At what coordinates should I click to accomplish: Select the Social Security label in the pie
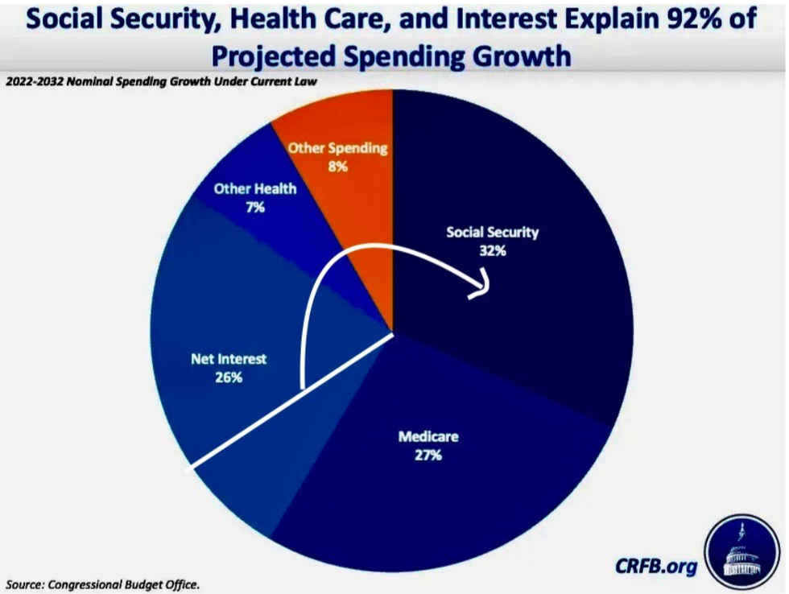pyautogui.click(x=492, y=233)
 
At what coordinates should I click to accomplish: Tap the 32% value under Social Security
pyautogui.click(x=492, y=250)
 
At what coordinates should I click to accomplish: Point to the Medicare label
pyautogui.click(x=428, y=438)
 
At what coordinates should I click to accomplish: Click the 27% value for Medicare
pyautogui.click(x=428, y=456)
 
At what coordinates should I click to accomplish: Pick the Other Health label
pyautogui.click(x=254, y=189)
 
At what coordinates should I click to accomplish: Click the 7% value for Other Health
pyautogui.click(x=256, y=208)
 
